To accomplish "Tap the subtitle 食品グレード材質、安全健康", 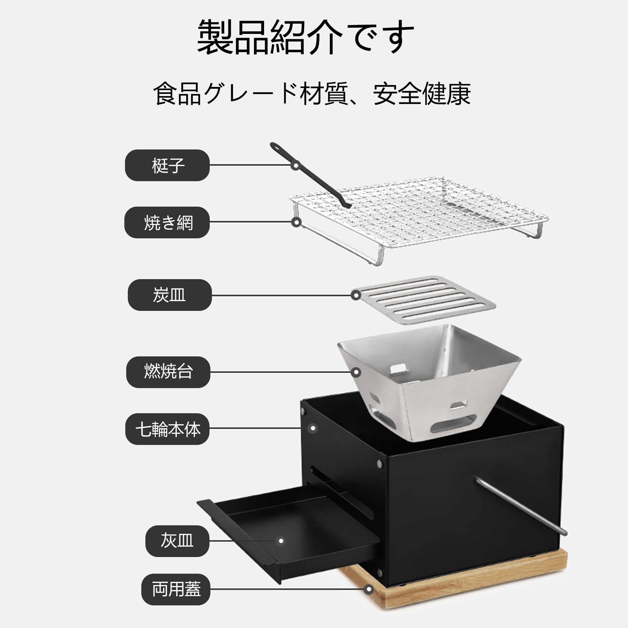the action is [312, 94].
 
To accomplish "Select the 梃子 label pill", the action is [167, 165].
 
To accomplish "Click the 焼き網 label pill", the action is [167, 222].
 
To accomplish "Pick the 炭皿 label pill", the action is [169, 295].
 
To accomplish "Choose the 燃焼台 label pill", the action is [168, 372].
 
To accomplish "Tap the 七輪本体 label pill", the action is [167, 429].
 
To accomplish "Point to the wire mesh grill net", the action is [419, 211].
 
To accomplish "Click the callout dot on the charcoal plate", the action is [356, 295].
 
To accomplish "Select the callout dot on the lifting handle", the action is [296, 165].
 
